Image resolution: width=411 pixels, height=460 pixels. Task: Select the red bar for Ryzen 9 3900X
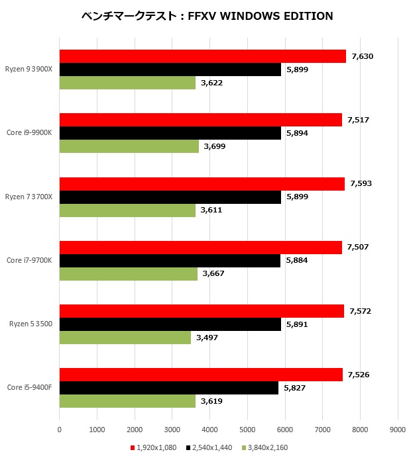click(x=202, y=56)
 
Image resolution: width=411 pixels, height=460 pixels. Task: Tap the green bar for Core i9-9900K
click(x=129, y=146)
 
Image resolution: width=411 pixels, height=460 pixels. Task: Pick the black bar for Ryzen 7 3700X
click(x=170, y=197)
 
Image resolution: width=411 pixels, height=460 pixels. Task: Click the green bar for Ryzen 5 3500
click(x=125, y=337)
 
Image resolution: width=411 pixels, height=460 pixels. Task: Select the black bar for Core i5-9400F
click(x=168, y=388)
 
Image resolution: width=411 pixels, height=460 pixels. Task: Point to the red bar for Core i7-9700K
click(x=200, y=247)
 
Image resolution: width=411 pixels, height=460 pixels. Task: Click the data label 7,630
click(x=363, y=56)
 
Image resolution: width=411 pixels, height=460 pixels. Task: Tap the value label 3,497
click(x=207, y=338)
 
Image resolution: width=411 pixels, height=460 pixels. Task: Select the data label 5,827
click(x=294, y=388)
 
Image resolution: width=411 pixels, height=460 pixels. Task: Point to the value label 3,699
click(x=215, y=146)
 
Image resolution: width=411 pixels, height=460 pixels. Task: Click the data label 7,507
click(x=359, y=247)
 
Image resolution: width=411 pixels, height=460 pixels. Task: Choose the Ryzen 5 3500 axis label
click(x=30, y=324)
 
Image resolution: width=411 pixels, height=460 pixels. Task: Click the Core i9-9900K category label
click(x=29, y=132)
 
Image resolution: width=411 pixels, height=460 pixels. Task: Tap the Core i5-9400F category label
click(x=29, y=387)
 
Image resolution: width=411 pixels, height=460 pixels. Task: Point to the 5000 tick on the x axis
click(x=247, y=428)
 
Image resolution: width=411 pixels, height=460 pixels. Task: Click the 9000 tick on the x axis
click(x=397, y=428)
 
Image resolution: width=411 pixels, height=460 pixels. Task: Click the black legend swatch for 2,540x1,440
click(x=188, y=447)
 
